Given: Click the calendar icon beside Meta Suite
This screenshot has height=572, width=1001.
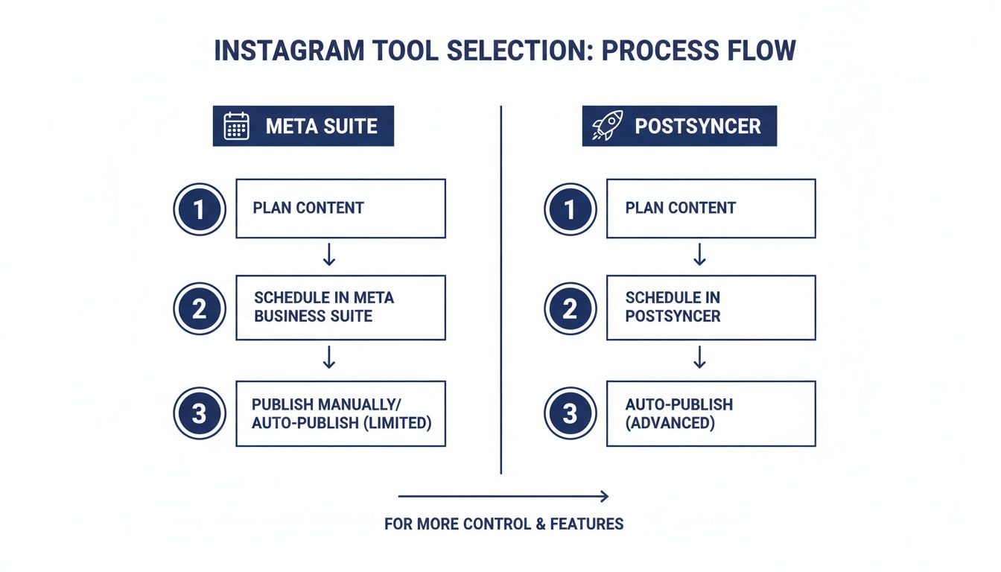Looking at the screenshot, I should tap(236, 126).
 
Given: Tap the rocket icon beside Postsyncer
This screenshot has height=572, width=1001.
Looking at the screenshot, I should tap(606, 126).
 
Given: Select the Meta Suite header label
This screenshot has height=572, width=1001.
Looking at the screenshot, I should tap(321, 126).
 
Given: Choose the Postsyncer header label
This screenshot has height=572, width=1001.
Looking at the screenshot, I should tap(697, 126).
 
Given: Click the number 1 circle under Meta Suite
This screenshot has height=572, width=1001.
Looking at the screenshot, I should tap(199, 209).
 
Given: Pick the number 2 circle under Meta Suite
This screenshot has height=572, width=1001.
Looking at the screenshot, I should tap(199, 308).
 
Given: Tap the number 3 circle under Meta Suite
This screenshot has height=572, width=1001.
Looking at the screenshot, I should tap(199, 413).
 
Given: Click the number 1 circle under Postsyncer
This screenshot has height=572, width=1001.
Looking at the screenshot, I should tap(570, 209).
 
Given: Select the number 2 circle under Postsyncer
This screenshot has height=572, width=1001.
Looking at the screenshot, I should tap(570, 308).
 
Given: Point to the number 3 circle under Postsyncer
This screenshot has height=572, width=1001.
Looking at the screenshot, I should tap(570, 413).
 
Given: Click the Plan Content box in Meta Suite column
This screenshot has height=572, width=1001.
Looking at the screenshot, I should tap(340, 209).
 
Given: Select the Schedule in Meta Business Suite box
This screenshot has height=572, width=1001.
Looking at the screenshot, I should tap(340, 308).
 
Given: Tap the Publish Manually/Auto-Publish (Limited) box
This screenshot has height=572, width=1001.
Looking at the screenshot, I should tap(340, 413).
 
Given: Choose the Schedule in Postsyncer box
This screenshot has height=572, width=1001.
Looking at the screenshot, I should tap(711, 308).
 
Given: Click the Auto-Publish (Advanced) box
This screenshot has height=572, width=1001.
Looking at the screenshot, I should tap(711, 413).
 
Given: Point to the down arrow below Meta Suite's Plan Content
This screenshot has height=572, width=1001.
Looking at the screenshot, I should tap(329, 255).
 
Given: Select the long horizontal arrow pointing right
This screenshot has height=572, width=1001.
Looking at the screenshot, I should tap(503, 496).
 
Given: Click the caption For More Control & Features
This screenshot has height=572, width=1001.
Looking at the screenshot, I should tap(503, 524).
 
